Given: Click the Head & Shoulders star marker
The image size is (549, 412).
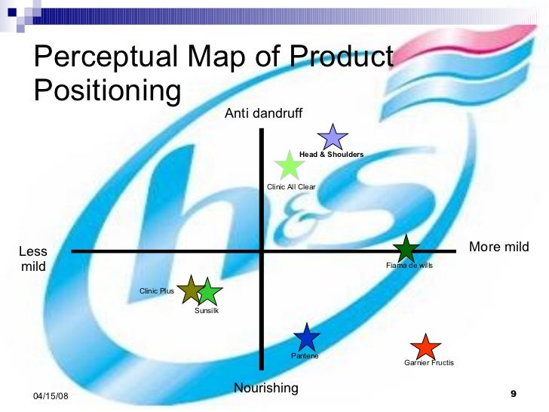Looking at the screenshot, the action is pyautogui.click(x=332, y=137).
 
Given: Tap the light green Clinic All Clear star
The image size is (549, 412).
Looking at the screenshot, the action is pyautogui.click(x=287, y=165).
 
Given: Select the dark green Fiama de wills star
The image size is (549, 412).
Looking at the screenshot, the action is pyautogui.click(x=406, y=249).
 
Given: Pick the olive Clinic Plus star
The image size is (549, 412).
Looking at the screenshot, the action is pyautogui.click(x=191, y=290).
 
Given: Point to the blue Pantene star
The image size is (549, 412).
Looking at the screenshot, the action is pyautogui.click(x=305, y=337).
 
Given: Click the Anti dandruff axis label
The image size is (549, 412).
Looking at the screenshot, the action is pyautogui.click(x=263, y=113).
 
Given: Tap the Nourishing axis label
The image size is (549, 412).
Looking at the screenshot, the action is pyautogui.click(x=266, y=388).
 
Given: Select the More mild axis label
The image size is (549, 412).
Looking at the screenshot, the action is pyautogui.click(x=499, y=247).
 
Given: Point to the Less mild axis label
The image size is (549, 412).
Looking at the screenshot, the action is pyautogui.click(x=33, y=259).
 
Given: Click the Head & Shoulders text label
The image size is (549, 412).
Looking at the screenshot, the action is pyautogui.click(x=331, y=155).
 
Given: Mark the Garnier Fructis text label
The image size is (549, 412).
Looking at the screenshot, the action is pyautogui.click(x=429, y=363).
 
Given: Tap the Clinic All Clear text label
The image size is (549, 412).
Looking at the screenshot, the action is pyautogui.click(x=292, y=187).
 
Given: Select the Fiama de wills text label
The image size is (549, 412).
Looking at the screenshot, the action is pyautogui.click(x=409, y=266).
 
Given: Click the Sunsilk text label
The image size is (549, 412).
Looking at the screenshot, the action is pyautogui.click(x=207, y=311).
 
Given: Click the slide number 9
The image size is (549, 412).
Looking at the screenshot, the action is pyautogui.click(x=514, y=394).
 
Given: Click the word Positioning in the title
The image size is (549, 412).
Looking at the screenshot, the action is pyautogui.click(x=108, y=90).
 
